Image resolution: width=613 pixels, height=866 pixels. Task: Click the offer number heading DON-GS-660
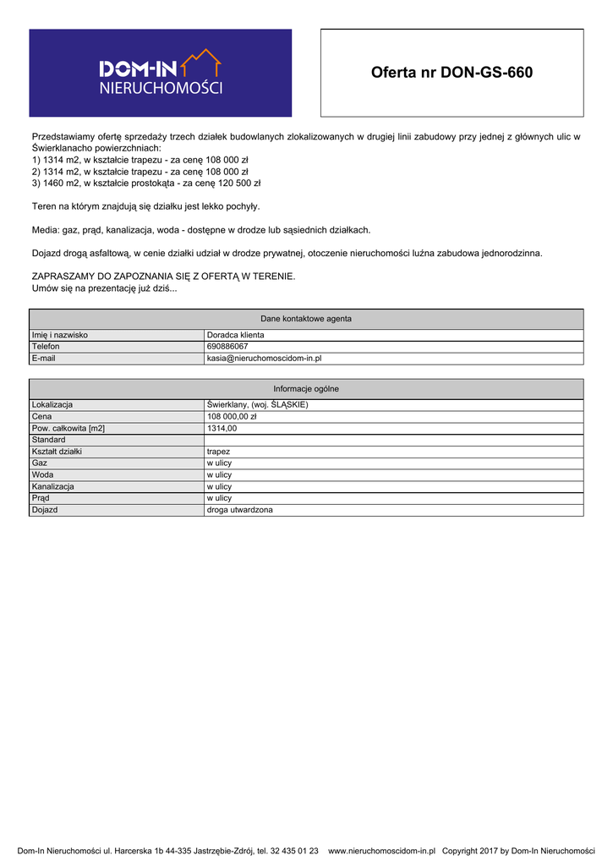click(x=452, y=73)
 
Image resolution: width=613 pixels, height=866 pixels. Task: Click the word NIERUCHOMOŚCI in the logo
click(x=161, y=88)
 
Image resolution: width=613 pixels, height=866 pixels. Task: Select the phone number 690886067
click(x=227, y=347)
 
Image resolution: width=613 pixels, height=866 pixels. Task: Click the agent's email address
click(x=264, y=359)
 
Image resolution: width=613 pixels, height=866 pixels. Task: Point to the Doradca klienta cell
click(x=235, y=335)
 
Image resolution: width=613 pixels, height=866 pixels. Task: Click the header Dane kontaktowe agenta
click(x=306, y=319)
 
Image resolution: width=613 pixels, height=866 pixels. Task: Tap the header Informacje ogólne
click(x=306, y=388)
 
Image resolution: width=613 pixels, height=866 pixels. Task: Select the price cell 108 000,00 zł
click(x=231, y=416)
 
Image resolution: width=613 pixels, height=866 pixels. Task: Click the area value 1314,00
click(x=222, y=428)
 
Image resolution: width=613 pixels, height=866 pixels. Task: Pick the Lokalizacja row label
click(x=52, y=404)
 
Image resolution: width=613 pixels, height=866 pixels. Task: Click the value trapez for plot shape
click(x=218, y=452)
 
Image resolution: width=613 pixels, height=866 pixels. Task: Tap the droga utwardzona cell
click(x=240, y=510)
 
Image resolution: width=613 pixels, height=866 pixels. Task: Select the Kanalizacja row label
click(x=52, y=486)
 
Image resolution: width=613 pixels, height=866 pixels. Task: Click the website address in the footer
click(x=381, y=851)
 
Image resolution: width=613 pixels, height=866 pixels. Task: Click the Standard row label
click(x=48, y=440)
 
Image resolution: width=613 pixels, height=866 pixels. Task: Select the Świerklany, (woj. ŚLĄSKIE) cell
click(x=257, y=404)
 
